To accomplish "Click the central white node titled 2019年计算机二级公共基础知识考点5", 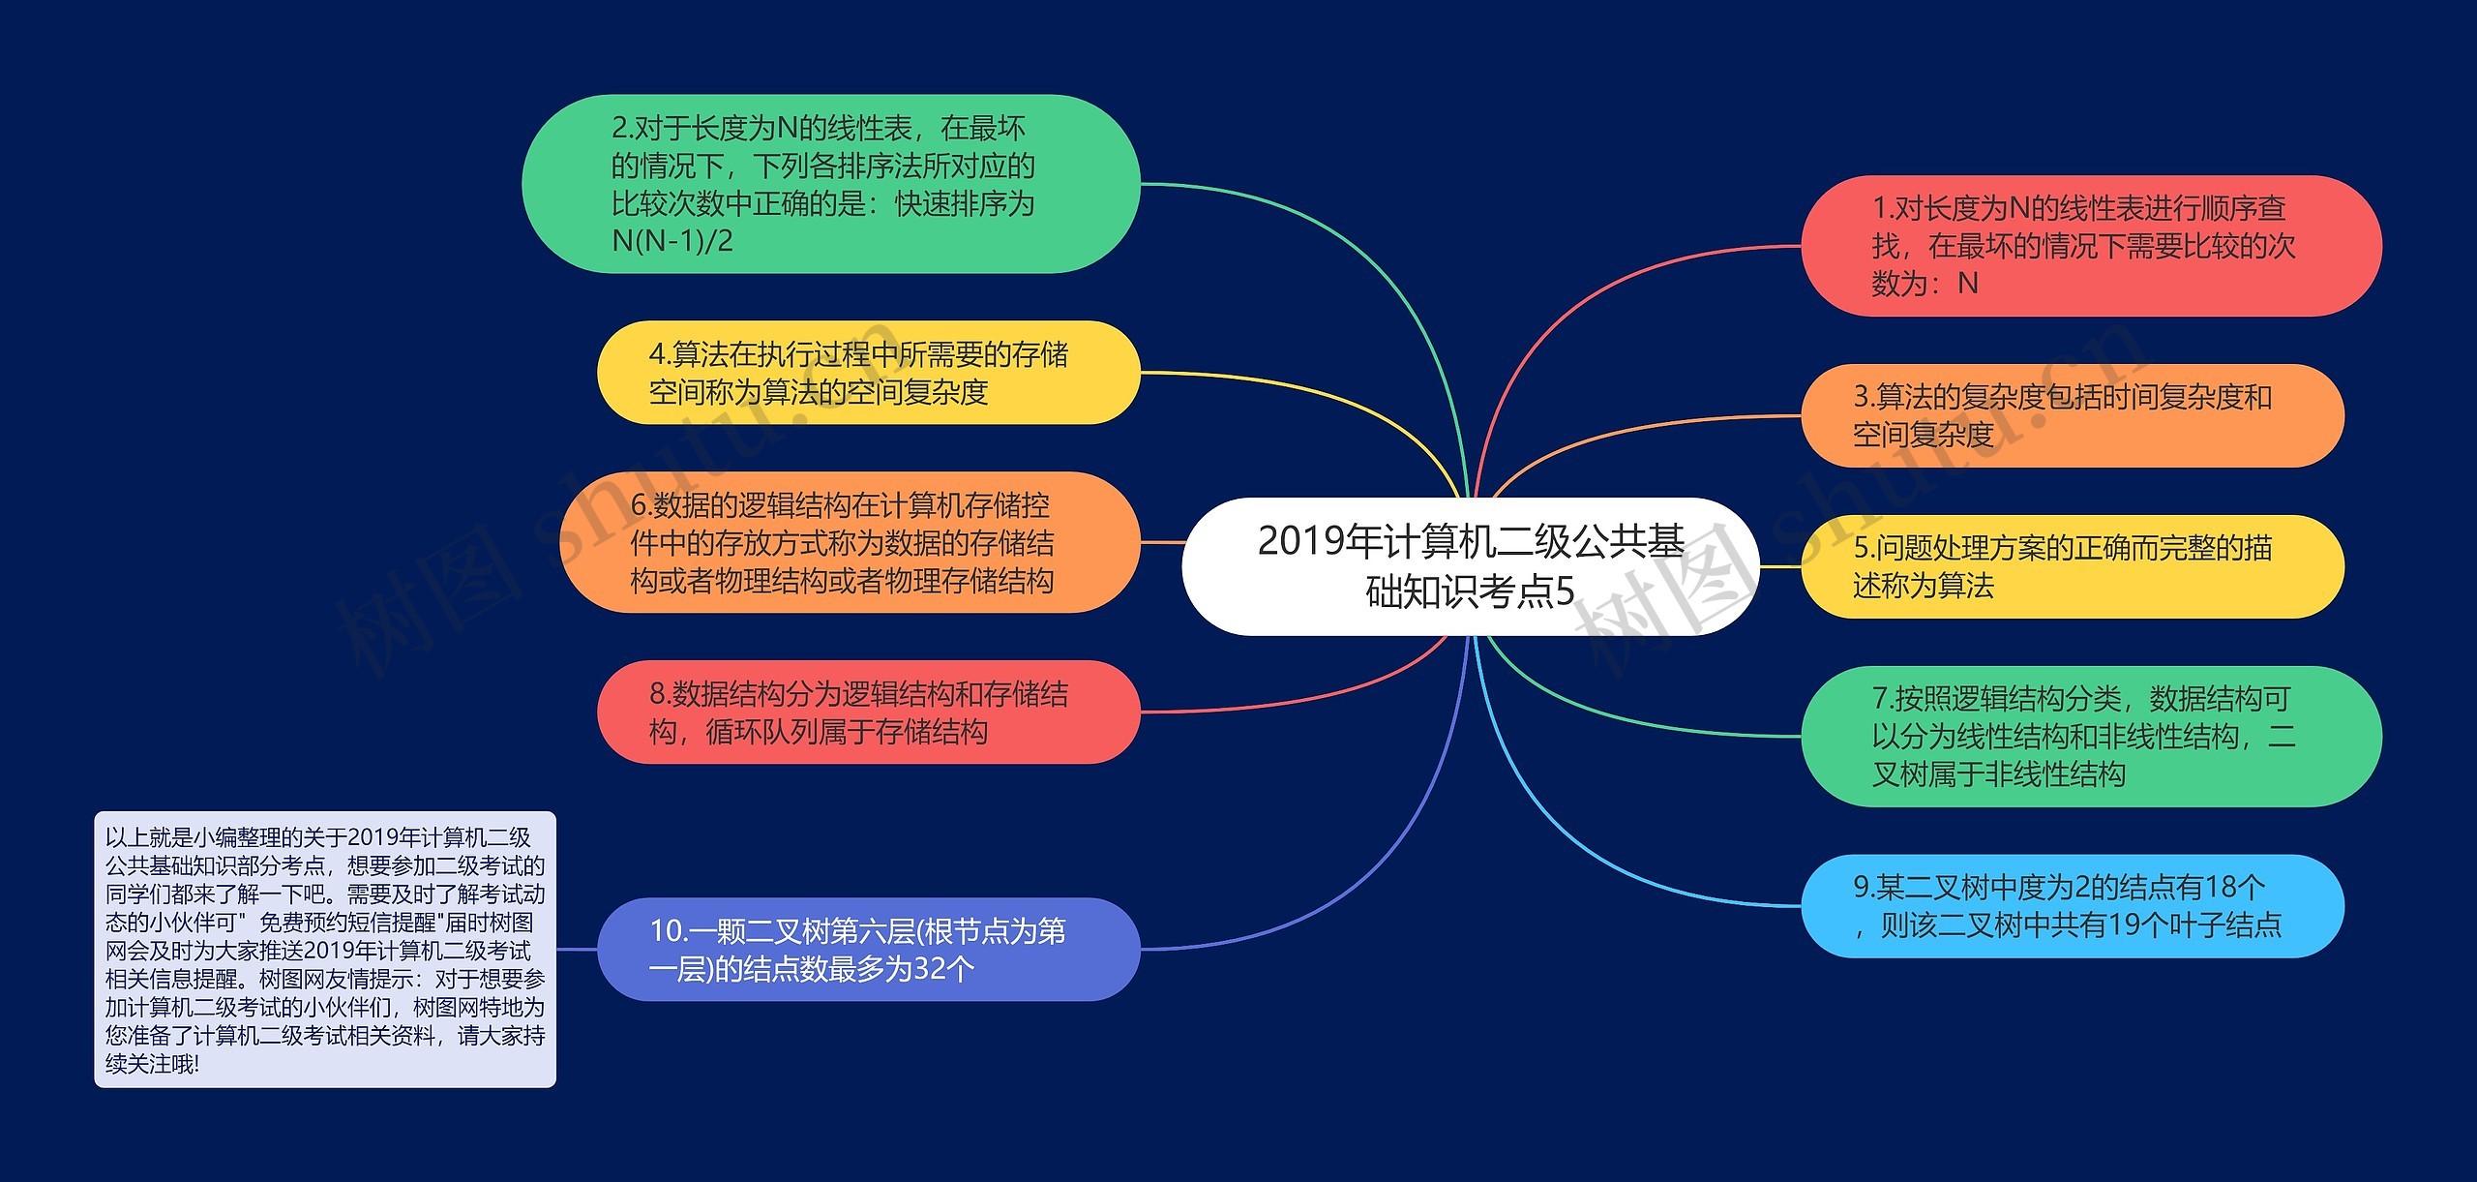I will point(1470,566).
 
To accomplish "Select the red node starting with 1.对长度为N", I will point(2090,246).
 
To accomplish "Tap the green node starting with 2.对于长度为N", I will point(830,184).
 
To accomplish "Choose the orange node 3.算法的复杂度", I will point(2071,415).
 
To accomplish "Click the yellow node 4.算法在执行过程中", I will point(868,373).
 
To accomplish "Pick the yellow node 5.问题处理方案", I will point(2071,566).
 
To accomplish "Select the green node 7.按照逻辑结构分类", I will point(2090,736).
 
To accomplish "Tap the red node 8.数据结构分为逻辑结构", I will point(868,712).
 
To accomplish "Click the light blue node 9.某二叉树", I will point(2071,906).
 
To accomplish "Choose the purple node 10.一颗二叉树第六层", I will point(868,949).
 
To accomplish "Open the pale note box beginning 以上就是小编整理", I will point(325,949).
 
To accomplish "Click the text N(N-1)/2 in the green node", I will point(672,241).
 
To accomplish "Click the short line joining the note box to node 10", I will point(577,949).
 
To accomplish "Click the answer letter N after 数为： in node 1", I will point(1967,284).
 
